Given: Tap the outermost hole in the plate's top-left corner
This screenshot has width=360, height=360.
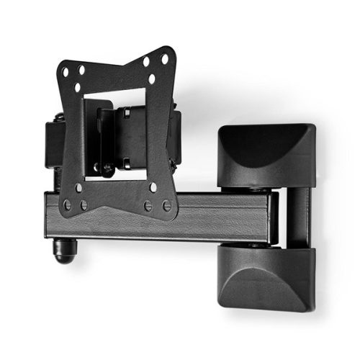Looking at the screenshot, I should click(66, 72).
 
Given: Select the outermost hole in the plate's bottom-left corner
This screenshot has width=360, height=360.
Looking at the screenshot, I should click(68, 205).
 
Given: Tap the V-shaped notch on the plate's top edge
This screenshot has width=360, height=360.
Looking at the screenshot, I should click(115, 69).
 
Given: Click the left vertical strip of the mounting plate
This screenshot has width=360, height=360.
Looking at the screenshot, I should click(72, 137).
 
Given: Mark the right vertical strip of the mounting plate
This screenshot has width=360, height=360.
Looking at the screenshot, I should click(162, 130).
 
